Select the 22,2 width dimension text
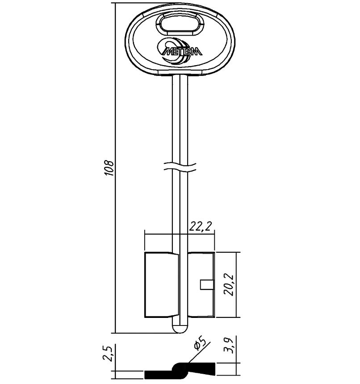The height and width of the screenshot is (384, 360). click(200, 226)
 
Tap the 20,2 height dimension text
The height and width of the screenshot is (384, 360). click(230, 285)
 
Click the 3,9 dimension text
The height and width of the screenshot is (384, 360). click(229, 345)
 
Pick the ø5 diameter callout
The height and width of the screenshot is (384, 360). click(199, 343)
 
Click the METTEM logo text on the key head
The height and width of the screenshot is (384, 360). click(182, 51)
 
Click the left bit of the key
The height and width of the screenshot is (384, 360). click(161, 285)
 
